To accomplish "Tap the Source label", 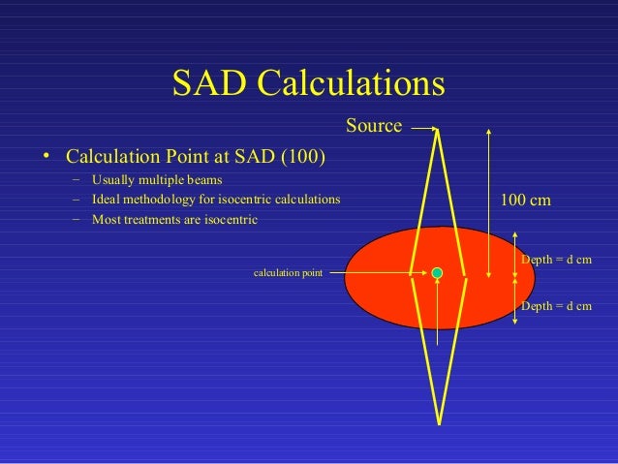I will click(x=374, y=125).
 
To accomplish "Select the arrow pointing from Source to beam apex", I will click(x=423, y=125).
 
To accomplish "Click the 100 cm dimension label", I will click(x=525, y=200).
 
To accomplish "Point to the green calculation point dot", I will click(x=438, y=273).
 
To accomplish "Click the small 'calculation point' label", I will click(x=288, y=274).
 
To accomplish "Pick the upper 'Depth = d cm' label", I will click(x=556, y=261).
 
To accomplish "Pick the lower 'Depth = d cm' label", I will click(x=556, y=306).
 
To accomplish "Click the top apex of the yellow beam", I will click(x=440, y=130).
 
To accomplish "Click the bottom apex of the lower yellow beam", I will click(x=440, y=422).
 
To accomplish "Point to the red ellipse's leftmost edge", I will click(x=346, y=277).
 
